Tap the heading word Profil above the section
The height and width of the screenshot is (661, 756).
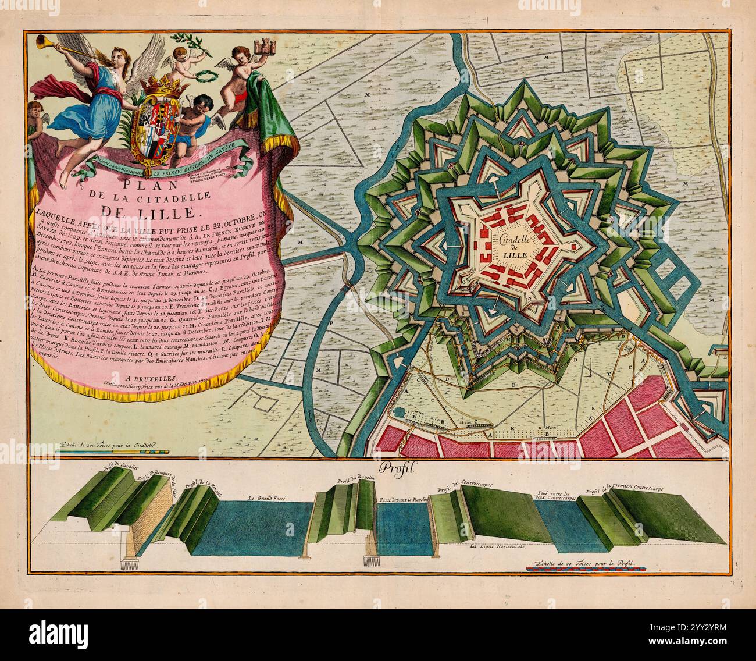click(394, 468)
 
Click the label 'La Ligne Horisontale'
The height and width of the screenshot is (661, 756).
click(498, 546)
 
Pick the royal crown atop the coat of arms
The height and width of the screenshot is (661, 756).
click(155, 87)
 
